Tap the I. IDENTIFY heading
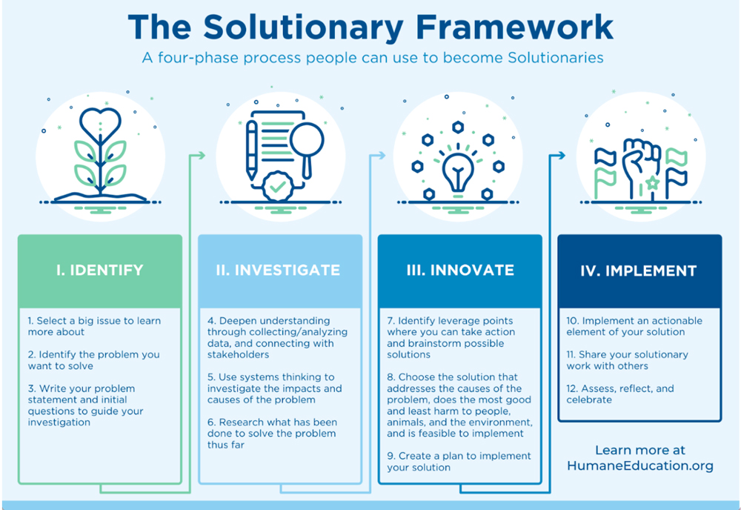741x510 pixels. [x=99, y=271]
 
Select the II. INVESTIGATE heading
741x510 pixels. [x=279, y=271]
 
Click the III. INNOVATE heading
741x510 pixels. [x=459, y=271]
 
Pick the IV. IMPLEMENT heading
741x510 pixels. [x=639, y=271]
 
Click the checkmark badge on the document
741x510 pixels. [x=276, y=186]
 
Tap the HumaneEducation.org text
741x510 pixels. [x=639, y=466]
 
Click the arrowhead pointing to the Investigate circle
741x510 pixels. [x=201, y=155]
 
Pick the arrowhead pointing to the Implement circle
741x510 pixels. [x=561, y=155]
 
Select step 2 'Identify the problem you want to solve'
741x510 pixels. [x=93, y=360]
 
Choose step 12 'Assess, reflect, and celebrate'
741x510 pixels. [x=620, y=394]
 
